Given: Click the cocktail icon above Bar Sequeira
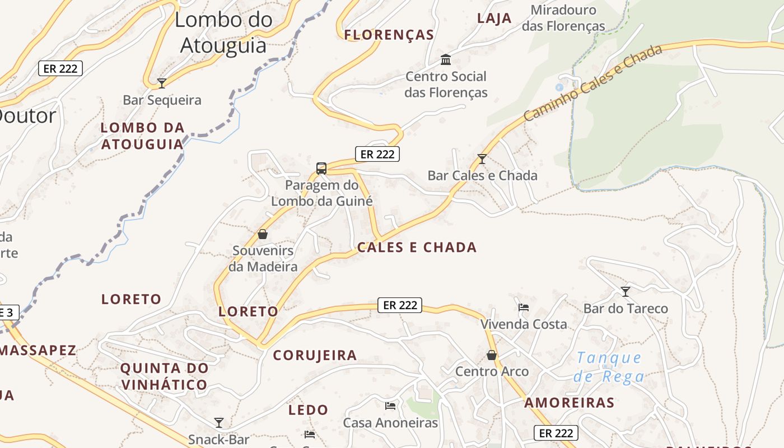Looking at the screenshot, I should (162, 83).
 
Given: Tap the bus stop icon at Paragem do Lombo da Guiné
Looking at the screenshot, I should (321, 168).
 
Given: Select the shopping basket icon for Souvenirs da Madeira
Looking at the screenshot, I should (263, 234).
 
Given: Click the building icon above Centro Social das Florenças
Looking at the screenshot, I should (446, 59).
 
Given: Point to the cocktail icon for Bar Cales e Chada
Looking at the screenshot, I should (482, 159).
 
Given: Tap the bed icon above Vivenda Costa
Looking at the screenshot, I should (524, 307).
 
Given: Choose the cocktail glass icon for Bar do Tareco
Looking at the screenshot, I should (626, 292).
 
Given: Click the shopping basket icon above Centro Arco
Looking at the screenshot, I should (492, 355).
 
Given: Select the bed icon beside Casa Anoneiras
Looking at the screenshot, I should (390, 405).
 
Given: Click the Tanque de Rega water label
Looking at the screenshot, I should (609, 367).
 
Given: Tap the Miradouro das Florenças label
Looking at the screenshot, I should (563, 18).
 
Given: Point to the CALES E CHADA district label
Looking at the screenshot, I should (417, 248).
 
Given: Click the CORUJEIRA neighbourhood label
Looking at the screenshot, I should (315, 355).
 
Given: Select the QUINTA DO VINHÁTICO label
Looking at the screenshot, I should (164, 376).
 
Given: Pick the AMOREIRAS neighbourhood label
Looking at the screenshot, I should (569, 403).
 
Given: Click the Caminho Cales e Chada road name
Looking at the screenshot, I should (593, 83).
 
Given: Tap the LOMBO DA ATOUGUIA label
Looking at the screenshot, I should (142, 136).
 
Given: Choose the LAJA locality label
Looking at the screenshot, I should (494, 18).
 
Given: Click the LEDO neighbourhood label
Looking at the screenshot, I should (308, 410).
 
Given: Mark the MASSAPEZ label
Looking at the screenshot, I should (38, 351).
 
